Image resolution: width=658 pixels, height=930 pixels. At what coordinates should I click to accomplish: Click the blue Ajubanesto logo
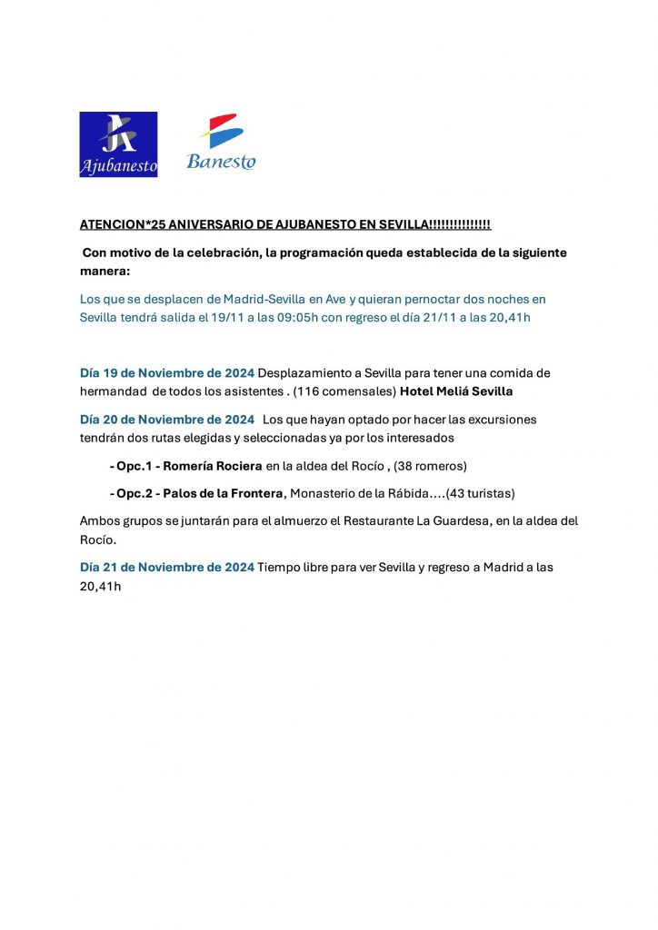tap(118, 144)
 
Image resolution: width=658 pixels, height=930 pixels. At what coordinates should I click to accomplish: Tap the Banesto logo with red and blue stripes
tap(221, 143)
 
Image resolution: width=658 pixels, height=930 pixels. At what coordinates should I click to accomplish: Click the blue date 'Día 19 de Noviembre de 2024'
tap(167, 373)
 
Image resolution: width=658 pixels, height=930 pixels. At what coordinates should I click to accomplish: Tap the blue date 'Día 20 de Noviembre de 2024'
tap(167, 420)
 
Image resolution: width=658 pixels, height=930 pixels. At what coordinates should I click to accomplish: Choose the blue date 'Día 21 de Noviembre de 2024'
tap(167, 567)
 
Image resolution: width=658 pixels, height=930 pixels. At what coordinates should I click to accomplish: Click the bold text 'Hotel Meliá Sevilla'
tap(463, 391)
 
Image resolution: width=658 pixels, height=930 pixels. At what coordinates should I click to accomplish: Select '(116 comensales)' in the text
tap(345, 391)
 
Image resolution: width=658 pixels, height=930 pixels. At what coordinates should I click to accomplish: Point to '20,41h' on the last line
tap(100, 587)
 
